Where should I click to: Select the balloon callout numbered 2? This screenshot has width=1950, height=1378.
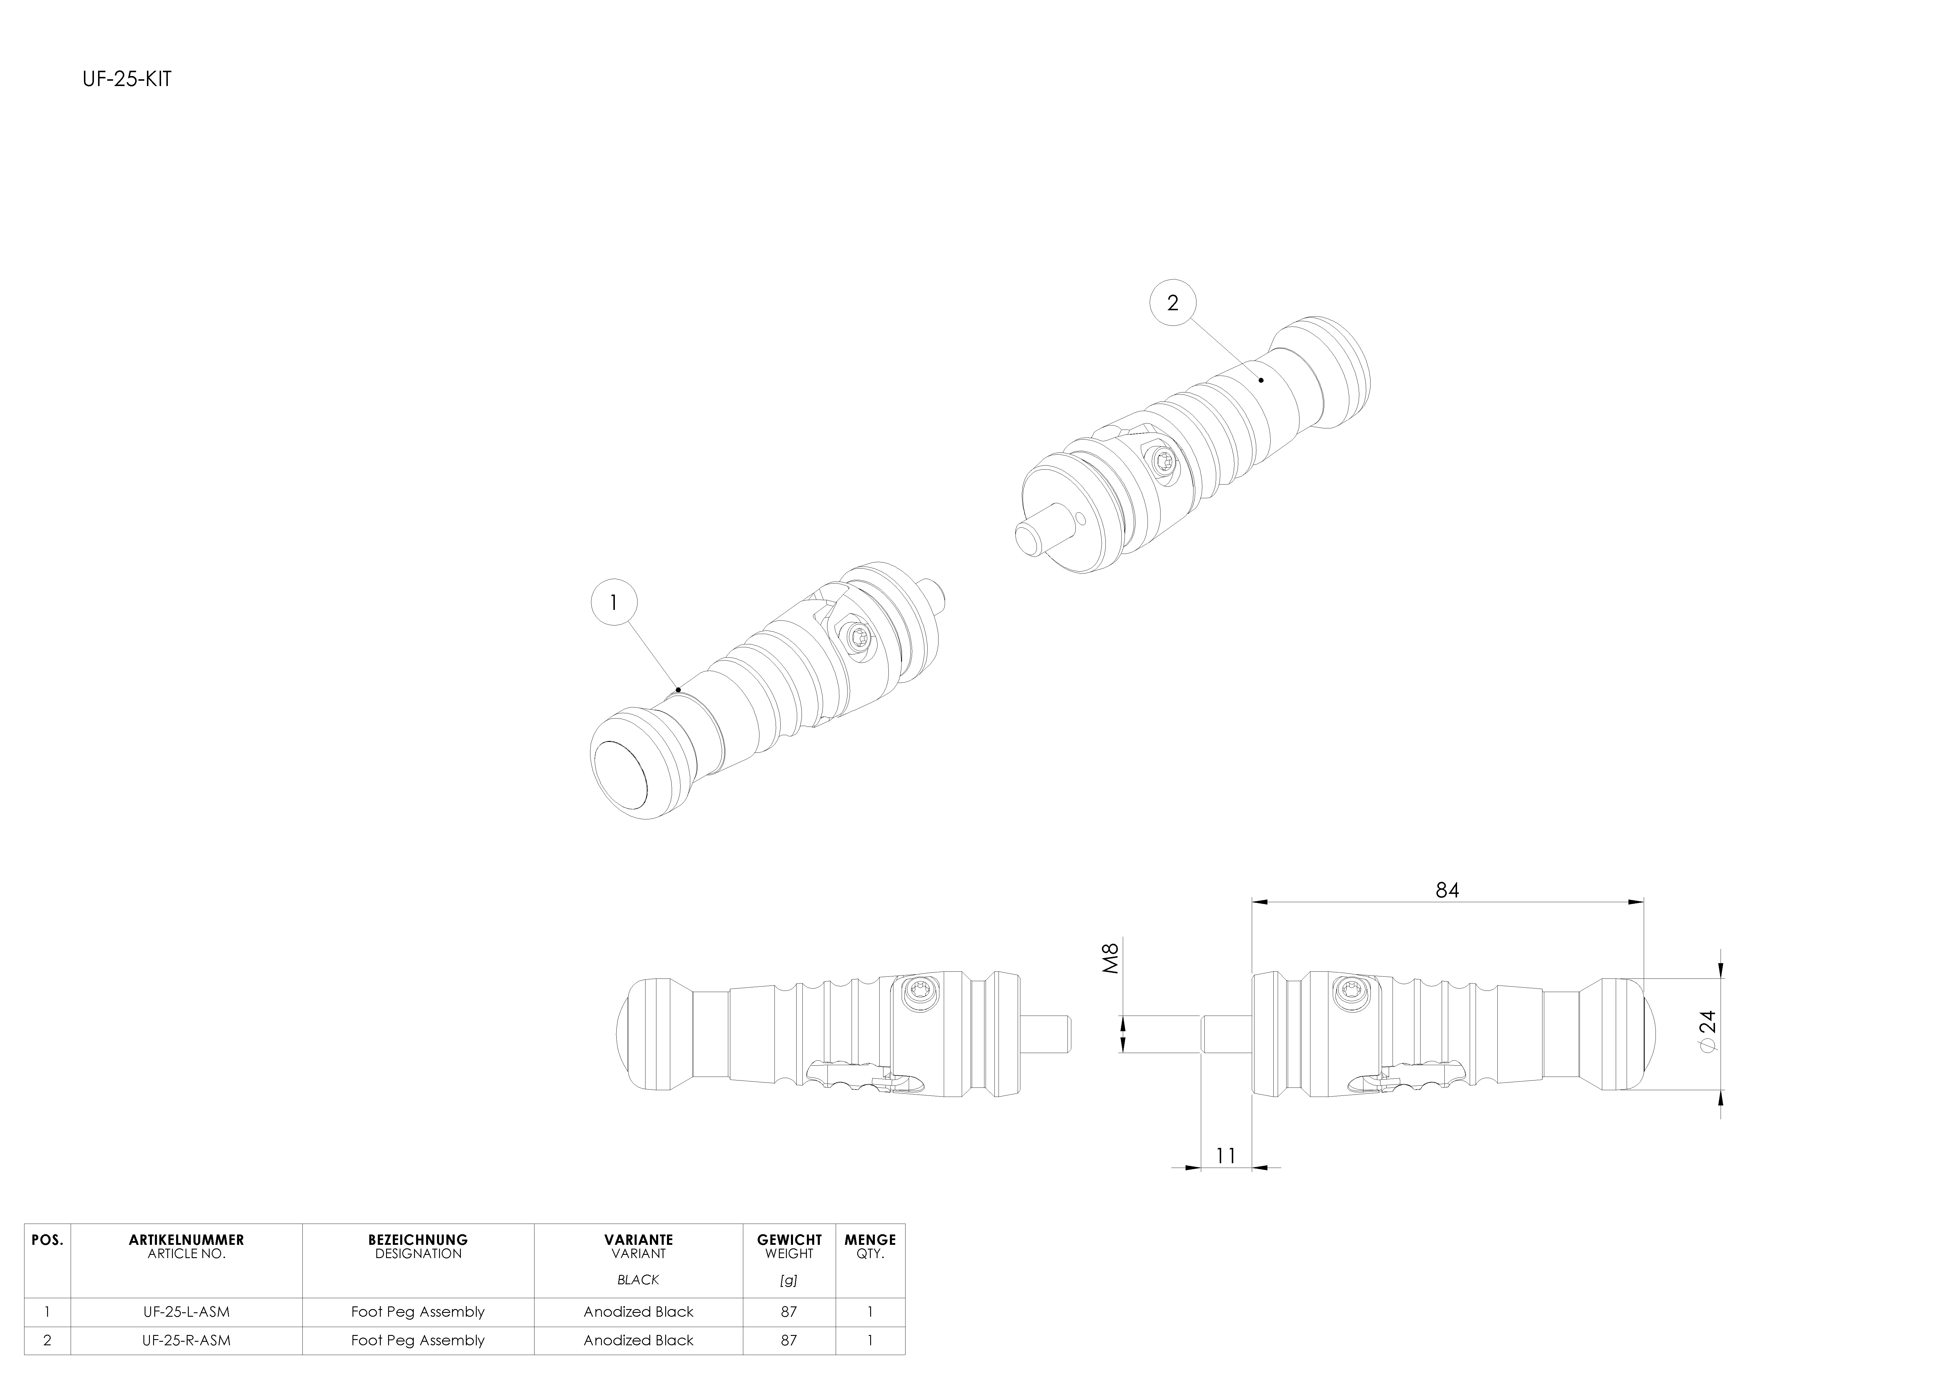click(x=1173, y=303)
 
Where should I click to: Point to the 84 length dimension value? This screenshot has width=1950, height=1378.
click(x=1447, y=889)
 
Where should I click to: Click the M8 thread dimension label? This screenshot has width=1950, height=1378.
click(x=1111, y=958)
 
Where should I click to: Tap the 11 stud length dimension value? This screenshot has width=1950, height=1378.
click(x=1226, y=1156)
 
